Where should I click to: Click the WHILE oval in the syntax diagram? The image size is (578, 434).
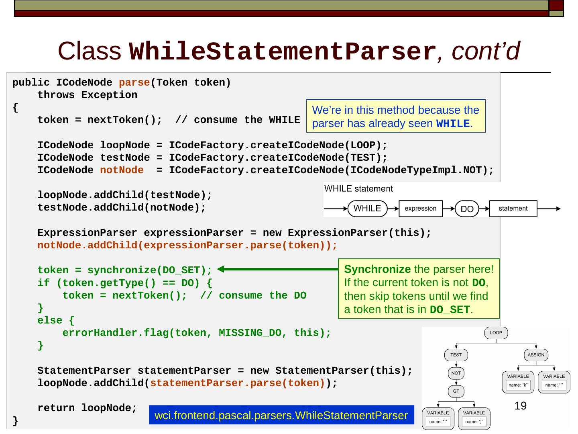367,209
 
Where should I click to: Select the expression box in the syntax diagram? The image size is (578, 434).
420,209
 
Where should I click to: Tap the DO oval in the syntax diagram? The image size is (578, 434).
467,209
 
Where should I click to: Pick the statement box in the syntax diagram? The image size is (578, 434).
513,209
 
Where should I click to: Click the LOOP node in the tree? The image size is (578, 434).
496,333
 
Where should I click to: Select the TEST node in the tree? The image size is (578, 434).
456,355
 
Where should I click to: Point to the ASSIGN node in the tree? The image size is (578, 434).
536,355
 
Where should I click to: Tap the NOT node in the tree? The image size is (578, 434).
456,373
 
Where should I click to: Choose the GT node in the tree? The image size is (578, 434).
456,391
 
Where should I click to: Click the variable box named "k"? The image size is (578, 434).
518,382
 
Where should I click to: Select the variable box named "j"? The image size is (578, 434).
474,418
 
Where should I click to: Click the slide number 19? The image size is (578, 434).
520,406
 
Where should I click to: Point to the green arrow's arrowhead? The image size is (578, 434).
220,269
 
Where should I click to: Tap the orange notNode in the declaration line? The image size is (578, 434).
122,170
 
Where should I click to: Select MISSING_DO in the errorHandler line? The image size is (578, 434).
250,333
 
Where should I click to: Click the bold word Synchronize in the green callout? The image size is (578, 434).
377,269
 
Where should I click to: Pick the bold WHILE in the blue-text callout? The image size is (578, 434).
453,124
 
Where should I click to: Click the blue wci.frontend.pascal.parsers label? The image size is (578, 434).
281,415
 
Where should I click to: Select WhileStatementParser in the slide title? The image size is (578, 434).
283,52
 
